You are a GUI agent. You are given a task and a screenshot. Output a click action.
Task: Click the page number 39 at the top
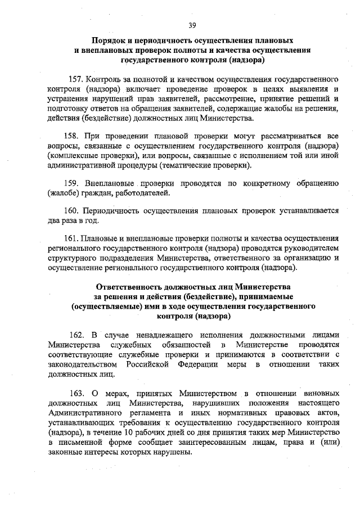coord(192,25)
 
